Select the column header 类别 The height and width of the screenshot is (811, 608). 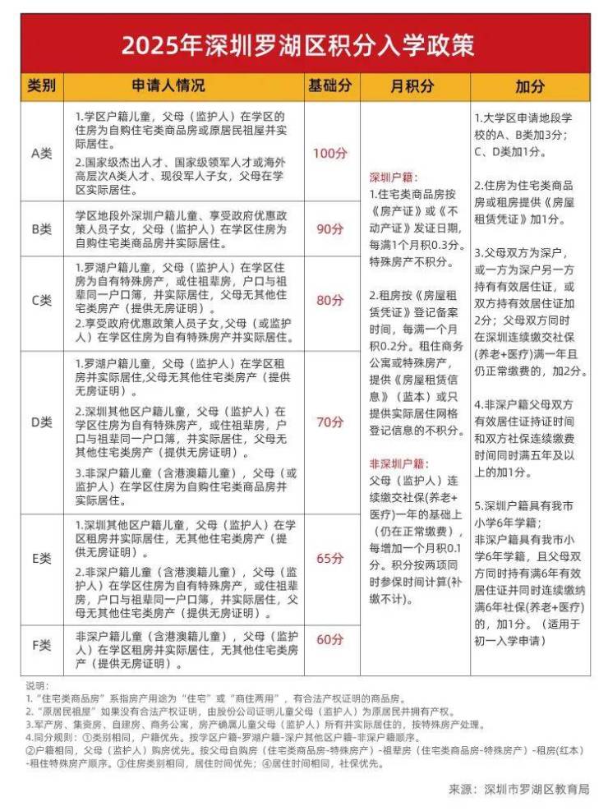tap(42, 86)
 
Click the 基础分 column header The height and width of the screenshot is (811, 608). tap(330, 86)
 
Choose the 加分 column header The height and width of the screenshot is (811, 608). tap(530, 86)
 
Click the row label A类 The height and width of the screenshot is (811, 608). tap(42, 153)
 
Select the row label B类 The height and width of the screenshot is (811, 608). tap(42, 229)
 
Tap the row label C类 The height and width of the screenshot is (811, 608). tap(42, 301)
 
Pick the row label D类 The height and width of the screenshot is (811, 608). tap(42, 422)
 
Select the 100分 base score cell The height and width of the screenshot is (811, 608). tap(330, 153)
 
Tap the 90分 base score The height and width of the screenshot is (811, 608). tap(330, 229)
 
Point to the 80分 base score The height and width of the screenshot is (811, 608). tap(330, 301)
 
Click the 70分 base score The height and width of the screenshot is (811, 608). tap(330, 422)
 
